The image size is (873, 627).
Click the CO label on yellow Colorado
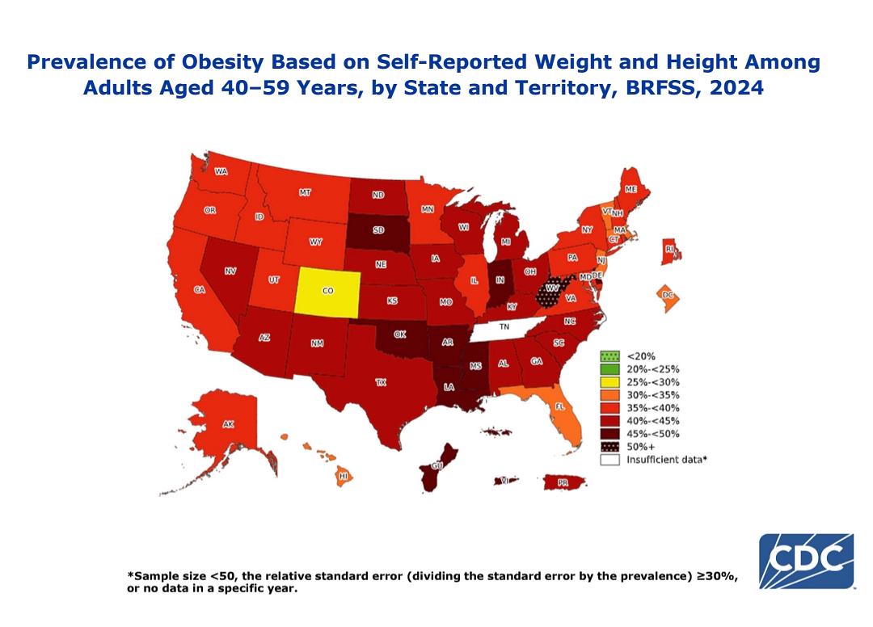(328, 291)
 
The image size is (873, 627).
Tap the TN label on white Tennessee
(504, 326)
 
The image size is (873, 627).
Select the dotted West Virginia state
(553, 288)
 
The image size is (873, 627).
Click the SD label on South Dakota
(378, 229)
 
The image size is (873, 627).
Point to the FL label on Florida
(560, 406)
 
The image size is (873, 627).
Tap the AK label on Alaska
(228, 424)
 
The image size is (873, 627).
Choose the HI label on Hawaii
(344, 476)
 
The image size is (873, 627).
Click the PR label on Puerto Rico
(563, 483)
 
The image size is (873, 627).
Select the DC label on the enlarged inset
(668, 295)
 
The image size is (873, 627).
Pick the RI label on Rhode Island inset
(669, 249)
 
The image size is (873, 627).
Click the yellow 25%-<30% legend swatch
(609, 382)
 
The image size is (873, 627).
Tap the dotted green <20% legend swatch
(609, 356)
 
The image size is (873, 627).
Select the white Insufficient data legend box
(609, 460)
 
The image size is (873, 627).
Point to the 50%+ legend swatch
(609, 447)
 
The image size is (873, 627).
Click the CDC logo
(806, 561)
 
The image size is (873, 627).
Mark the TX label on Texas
(381, 382)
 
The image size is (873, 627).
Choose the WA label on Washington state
(221, 171)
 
